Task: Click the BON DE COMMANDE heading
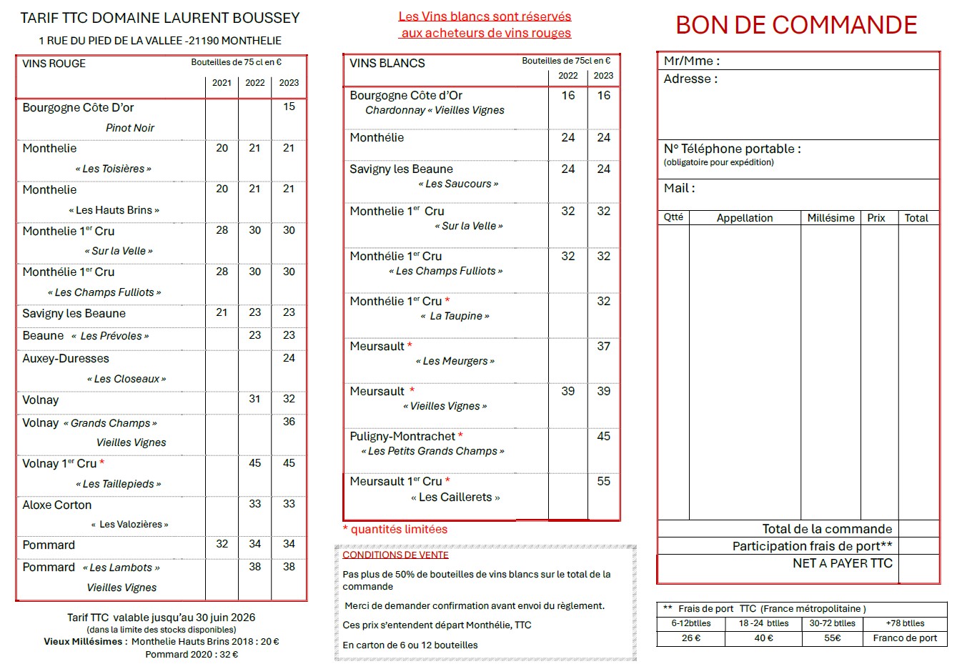pyautogui.click(x=796, y=25)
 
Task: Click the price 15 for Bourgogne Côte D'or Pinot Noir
pyautogui.click(x=289, y=106)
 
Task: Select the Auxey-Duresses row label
pyautogui.click(x=66, y=358)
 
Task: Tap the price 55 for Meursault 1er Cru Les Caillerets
pyautogui.click(x=603, y=481)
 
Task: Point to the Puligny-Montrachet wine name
pyautogui.click(x=402, y=436)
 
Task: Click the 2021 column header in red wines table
pyautogui.click(x=222, y=83)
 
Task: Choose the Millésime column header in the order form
pyautogui.click(x=830, y=218)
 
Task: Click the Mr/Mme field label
pyautogui.click(x=691, y=61)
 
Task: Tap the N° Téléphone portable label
pyautogui.click(x=732, y=149)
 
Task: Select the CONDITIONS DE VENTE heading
pyautogui.click(x=395, y=555)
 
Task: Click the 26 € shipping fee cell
pyautogui.click(x=691, y=638)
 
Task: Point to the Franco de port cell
pyautogui.click(x=905, y=638)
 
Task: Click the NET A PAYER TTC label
pyautogui.click(x=842, y=563)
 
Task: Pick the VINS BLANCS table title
pyautogui.click(x=387, y=63)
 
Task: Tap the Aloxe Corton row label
pyautogui.click(x=57, y=505)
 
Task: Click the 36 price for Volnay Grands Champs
pyautogui.click(x=289, y=422)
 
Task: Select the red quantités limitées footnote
pyautogui.click(x=395, y=530)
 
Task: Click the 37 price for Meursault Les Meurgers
pyautogui.click(x=603, y=346)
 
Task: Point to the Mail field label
pyautogui.click(x=679, y=188)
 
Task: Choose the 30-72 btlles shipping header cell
pyautogui.click(x=832, y=623)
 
